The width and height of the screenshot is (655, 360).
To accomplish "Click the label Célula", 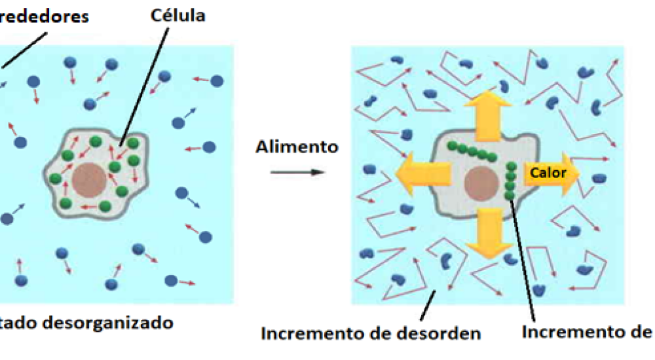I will pos(177,15).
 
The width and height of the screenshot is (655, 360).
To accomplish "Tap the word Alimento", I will pos(297,147).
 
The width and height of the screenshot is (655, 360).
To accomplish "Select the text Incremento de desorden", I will pos(371,333).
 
